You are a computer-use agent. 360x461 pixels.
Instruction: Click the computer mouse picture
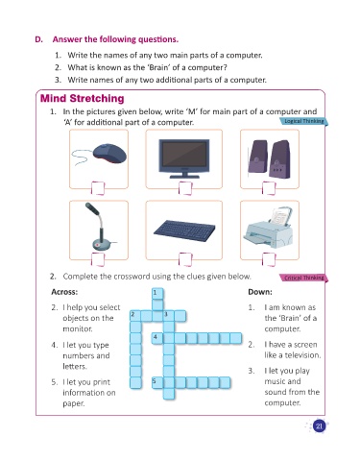point(100,155)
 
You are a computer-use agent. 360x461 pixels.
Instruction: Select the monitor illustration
point(184,158)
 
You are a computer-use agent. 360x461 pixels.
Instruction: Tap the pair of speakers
point(269,159)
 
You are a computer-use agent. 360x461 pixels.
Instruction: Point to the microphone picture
point(100,227)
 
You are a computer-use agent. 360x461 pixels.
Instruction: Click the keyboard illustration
point(184,230)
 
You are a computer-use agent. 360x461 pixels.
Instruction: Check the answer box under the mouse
point(98,188)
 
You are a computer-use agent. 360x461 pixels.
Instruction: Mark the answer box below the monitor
point(185,188)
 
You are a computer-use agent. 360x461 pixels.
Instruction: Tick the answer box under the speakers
point(269,188)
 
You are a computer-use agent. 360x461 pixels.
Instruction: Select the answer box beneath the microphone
point(98,259)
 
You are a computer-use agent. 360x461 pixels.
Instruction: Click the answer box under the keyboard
point(185,259)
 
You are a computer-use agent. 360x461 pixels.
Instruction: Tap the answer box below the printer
point(269,259)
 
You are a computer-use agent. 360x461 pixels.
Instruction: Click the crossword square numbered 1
point(157,294)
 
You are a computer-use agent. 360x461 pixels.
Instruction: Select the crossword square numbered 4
point(157,338)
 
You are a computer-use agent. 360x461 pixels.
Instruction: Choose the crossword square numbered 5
point(157,383)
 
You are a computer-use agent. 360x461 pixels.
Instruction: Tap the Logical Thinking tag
point(303,121)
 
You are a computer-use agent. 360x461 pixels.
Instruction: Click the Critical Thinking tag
point(303,278)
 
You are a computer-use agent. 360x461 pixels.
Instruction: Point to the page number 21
point(319,426)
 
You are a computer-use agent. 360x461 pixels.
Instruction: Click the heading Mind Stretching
point(83,99)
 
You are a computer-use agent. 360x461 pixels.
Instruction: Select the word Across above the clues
point(64,292)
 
